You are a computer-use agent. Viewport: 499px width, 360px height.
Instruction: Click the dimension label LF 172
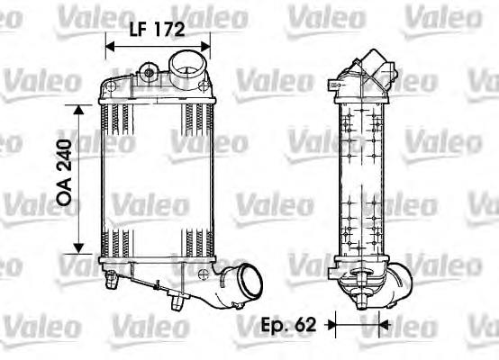point(157,29)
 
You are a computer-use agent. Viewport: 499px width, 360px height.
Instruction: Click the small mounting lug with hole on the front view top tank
point(149,69)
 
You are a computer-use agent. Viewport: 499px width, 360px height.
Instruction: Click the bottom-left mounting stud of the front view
point(114,282)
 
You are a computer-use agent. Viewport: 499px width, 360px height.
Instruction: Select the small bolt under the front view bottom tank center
point(171,303)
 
